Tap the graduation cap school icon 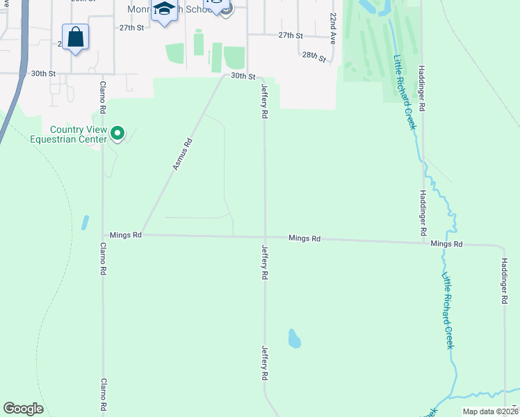coord(164,10)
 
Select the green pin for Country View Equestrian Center coord(118,132)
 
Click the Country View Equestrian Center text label coord(78,134)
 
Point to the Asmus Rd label coord(181,155)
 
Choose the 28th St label coord(314,56)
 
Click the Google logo coord(23,409)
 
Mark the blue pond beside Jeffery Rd coord(294,338)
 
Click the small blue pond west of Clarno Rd coord(85,222)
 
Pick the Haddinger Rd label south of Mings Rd coord(505,281)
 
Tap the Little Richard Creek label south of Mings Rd coord(448,310)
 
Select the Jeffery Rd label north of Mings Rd coord(264,101)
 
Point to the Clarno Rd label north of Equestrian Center coord(101,99)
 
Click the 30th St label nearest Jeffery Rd coord(243,76)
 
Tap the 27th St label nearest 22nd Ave coord(291,35)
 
